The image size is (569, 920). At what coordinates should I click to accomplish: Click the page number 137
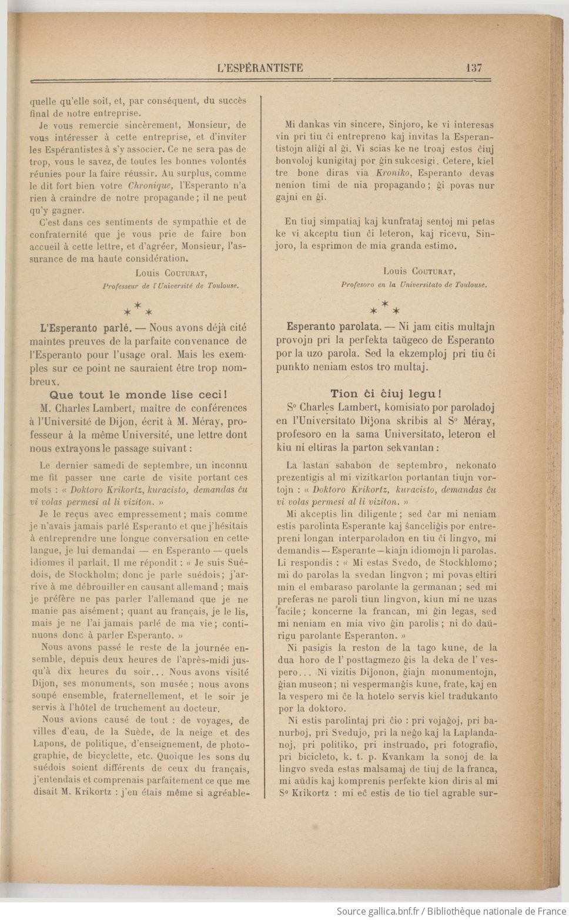[473, 68]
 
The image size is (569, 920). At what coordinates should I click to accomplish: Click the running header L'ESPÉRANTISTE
[260, 68]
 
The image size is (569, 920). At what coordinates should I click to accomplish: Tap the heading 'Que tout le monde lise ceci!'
[138, 395]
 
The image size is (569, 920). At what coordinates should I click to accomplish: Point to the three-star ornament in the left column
[138, 309]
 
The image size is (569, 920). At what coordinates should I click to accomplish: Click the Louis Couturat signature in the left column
[171, 273]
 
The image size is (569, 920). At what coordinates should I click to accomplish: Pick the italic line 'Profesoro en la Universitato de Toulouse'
[414, 284]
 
